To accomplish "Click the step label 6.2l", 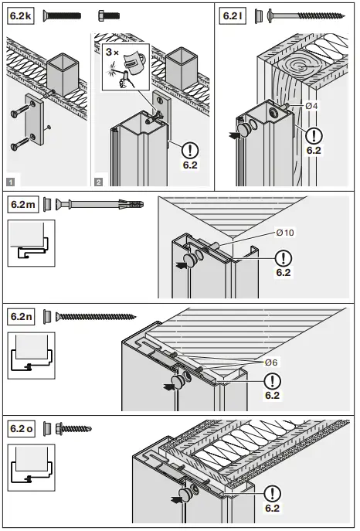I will (233, 15).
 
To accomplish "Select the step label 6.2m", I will (24, 205).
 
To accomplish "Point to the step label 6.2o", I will (24, 427).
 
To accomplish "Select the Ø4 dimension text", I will (313, 106).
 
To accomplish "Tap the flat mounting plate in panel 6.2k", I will (34, 121).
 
